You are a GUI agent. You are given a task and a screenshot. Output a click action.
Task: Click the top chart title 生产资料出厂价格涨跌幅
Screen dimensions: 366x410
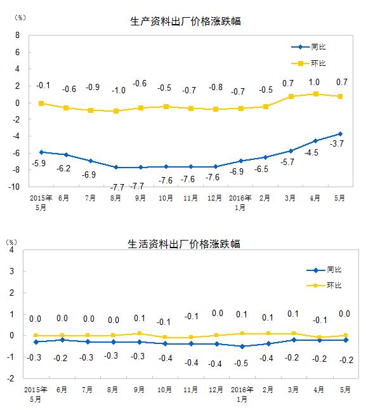point(185,22)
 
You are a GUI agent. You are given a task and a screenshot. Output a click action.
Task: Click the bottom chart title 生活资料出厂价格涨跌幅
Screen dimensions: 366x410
point(184,244)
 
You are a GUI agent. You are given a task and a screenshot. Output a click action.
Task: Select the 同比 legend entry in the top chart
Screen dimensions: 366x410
point(308,47)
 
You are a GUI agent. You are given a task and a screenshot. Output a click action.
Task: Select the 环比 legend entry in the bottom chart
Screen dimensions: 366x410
point(324,285)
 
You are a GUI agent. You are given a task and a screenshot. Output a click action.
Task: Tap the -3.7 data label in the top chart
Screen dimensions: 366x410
point(337,143)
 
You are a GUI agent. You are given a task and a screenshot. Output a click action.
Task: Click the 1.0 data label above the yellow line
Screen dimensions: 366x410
point(314,82)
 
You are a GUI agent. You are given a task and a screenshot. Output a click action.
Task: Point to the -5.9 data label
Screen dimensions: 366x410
point(39,163)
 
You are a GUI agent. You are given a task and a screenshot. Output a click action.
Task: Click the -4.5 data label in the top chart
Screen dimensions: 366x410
point(311,152)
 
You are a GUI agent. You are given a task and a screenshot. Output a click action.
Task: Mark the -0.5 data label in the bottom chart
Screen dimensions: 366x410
point(241,363)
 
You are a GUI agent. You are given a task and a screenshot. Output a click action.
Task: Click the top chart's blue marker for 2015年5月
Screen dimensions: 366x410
point(41,152)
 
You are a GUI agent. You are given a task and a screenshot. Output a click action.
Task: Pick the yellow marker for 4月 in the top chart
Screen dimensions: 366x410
point(316,94)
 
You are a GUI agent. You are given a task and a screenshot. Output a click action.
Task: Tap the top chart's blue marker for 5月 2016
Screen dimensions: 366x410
point(340,134)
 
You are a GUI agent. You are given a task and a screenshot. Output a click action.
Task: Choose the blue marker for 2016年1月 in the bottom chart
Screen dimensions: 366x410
point(242,347)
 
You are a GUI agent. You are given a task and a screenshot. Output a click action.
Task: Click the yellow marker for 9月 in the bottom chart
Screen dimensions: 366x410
point(140,333)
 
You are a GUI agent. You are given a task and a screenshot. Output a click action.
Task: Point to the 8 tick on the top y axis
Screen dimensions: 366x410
point(17,35)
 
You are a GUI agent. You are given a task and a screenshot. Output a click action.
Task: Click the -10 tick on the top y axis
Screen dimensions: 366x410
point(14,187)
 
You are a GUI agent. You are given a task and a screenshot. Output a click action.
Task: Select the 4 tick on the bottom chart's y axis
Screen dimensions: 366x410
point(11,249)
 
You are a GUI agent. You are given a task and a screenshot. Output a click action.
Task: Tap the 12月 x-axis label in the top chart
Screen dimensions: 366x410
point(215,198)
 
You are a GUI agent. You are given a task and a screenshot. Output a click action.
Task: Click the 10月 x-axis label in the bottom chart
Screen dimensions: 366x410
point(164,390)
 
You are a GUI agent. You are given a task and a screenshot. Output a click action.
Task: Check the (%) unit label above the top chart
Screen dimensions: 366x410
point(20,18)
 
